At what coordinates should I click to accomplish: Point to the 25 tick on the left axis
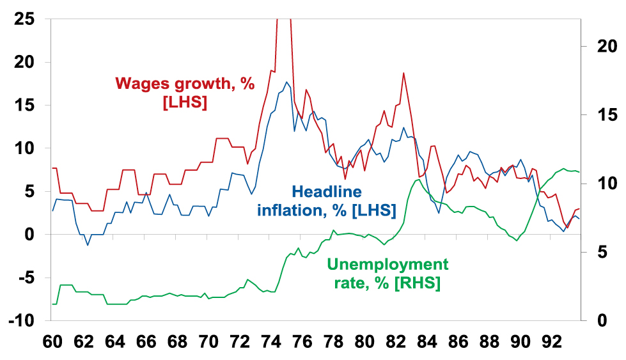point(25,19)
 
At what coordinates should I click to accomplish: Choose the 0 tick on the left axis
point(30,235)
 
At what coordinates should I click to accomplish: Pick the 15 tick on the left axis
point(25,106)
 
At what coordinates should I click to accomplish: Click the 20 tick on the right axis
point(600,47)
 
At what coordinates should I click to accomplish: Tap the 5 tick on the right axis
point(595,252)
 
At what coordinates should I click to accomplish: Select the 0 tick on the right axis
point(595,320)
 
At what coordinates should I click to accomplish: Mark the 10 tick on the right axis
point(600,184)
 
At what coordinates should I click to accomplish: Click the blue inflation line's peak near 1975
point(286,82)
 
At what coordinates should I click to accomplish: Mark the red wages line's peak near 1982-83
point(403,73)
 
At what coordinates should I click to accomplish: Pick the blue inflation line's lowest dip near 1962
point(88,245)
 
